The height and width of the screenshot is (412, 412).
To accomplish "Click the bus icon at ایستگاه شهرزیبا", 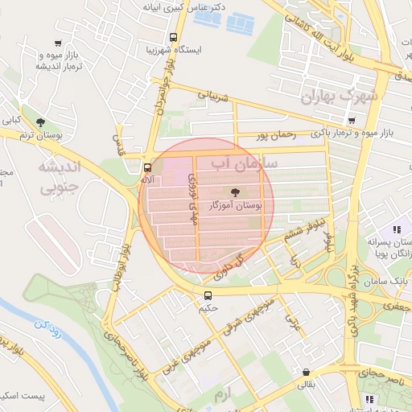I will coord(173,37).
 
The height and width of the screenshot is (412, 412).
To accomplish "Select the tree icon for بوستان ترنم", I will coord(29,122).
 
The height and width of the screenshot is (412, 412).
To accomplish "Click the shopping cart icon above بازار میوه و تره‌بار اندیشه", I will coord(57,43).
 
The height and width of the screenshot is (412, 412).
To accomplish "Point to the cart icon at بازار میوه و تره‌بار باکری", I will coord(350,120).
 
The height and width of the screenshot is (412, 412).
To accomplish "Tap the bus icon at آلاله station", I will coord(146,168).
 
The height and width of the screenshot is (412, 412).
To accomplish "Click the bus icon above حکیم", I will coord(208,295).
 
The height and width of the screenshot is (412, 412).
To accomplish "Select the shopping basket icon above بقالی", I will coord(306,373).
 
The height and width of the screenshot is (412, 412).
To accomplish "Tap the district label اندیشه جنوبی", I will coord(60,177).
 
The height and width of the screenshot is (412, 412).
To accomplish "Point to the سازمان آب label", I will coord(244,163).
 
